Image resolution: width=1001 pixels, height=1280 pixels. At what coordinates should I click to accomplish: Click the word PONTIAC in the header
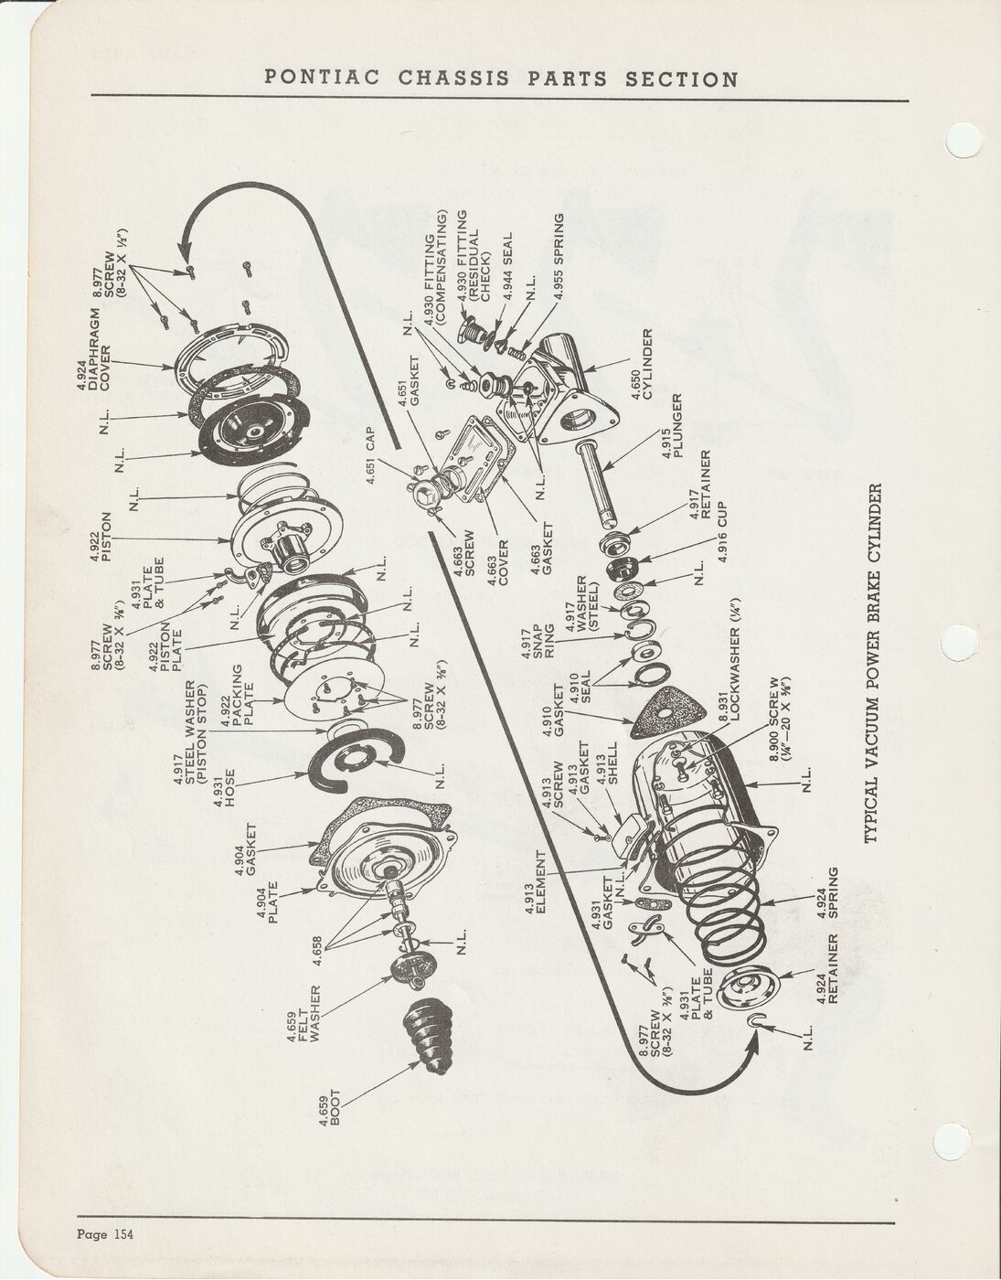(x=322, y=78)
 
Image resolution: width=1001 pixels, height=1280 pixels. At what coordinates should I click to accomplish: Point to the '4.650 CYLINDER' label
(x=643, y=365)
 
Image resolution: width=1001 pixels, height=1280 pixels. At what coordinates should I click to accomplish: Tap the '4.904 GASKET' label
(x=246, y=850)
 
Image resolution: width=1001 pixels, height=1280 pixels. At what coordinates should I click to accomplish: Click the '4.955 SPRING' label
(x=559, y=256)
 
